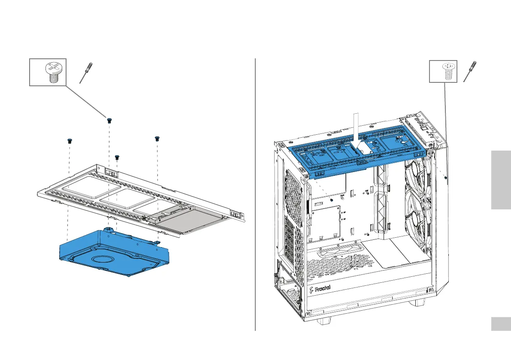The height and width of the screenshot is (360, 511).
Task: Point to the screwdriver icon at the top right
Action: [x=471, y=71]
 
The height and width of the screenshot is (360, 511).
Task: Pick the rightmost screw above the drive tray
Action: [x=157, y=138]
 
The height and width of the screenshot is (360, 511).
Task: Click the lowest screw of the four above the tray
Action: [x=117, y=157]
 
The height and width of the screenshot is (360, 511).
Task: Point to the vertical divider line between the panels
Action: [x=255, y=193]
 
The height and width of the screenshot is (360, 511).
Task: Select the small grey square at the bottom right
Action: [x=501, y=324]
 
